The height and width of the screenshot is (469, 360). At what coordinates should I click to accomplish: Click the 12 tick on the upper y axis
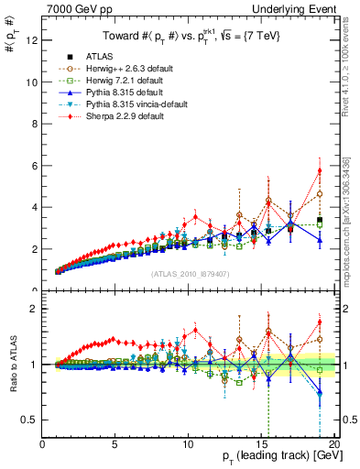[x=33, y=40]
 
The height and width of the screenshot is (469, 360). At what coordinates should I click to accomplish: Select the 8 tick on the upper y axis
[x=35, y=124]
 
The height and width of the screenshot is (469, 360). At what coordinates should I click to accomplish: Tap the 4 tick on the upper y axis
[x=35, y=207]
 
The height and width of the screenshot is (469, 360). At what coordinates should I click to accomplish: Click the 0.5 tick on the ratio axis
[x=30, y=420]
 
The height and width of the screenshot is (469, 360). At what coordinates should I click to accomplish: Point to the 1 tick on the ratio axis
[x=35, y=365]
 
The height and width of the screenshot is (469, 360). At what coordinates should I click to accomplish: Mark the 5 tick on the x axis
[x=115, y=445]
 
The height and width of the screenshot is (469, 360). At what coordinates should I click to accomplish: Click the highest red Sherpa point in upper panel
[x=320, y=170]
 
